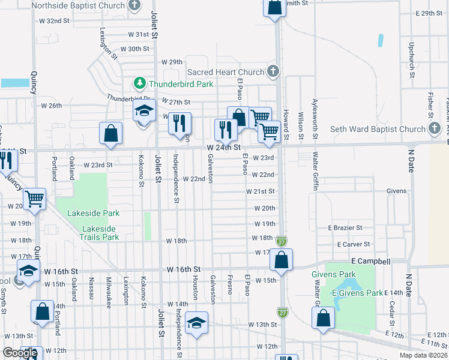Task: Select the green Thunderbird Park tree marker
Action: (139, 83)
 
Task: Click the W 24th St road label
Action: (223, 147)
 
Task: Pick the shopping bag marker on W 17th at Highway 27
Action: (281, 259)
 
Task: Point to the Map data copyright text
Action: (424, 355)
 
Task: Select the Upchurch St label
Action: (412, 59)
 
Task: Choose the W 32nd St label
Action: (58, 20)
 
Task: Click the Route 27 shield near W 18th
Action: (282, 241)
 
